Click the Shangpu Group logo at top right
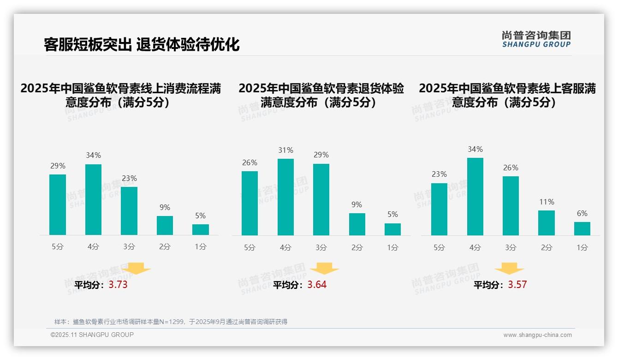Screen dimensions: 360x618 click(536, 39)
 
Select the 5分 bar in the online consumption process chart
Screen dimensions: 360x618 click(58, 204)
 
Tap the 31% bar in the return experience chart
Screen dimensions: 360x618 click(285, 197)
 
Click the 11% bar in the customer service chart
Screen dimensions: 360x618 click(547, 223)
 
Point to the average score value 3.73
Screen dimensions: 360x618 click(118, 285)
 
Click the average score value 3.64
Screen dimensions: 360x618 click(317, 285)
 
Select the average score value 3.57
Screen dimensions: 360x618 click(517, 285)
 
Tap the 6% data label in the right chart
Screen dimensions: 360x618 click(582, 214)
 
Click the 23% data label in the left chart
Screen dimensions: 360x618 click(129, 179)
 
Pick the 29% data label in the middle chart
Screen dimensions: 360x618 click(321, 155)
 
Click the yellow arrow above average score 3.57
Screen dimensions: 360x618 click(509, 270)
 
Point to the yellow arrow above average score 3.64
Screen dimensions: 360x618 click(324, 269)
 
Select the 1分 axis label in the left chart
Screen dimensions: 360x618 click(201, 247)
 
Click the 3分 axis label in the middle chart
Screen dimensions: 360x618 click(321, 248)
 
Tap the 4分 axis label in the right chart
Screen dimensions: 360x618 click(475, 248)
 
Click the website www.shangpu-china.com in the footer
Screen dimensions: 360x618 click(537, 335)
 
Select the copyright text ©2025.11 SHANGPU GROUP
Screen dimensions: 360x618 click(92, 335)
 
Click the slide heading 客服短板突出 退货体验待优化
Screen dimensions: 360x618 click(142, 44)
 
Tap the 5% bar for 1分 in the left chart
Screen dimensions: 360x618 click(201, 230)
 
